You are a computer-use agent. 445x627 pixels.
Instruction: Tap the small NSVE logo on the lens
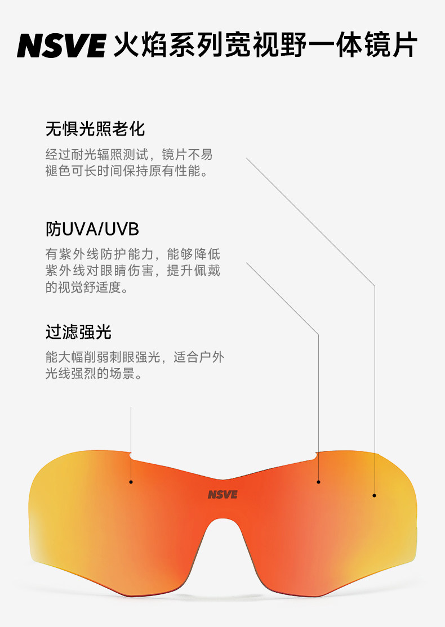(x=222, y=495)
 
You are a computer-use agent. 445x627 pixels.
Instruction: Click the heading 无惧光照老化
(x=95, y=129)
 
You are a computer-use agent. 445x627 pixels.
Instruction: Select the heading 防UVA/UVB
(x=92, y=229)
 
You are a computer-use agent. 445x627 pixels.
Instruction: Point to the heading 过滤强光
(x=78, y=332)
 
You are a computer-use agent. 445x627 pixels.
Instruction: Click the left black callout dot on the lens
(x=131, y=482)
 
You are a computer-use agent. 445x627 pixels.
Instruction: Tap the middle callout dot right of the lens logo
(x=318, y=482)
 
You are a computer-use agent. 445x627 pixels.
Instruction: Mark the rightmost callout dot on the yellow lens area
(x=375, y=495)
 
